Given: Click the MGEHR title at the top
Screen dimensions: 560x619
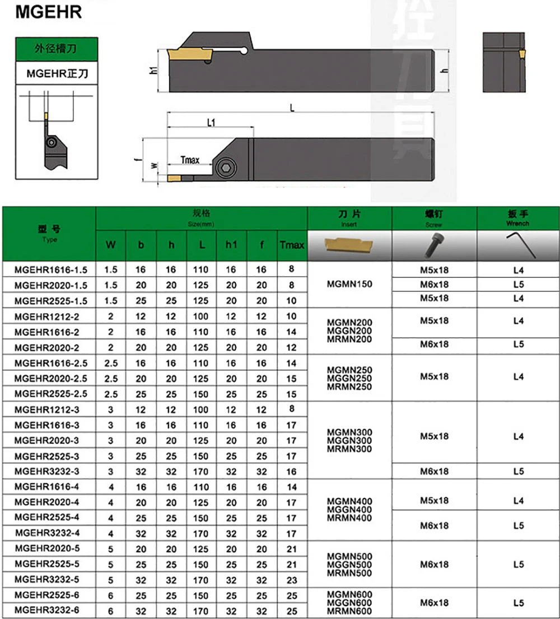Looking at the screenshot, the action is [x=49, y=12].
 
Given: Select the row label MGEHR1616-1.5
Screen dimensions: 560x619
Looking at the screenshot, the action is [x=50, y=270].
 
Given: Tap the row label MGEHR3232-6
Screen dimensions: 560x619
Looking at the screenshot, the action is [x=47, y=610].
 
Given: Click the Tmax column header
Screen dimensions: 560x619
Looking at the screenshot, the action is [x=292, y=245].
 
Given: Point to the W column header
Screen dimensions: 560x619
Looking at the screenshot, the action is [x=110, y=245].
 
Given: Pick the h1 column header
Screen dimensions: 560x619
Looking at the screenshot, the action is [x=231, y=245].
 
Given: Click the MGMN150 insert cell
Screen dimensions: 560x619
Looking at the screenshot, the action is [x=349, y=284].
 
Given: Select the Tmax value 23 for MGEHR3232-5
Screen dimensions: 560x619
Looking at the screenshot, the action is [x=292, y=580].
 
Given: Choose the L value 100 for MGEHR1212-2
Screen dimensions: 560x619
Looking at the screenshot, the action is [x=200, y=317].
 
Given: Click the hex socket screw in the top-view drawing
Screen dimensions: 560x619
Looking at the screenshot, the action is [x=226, y=168].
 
